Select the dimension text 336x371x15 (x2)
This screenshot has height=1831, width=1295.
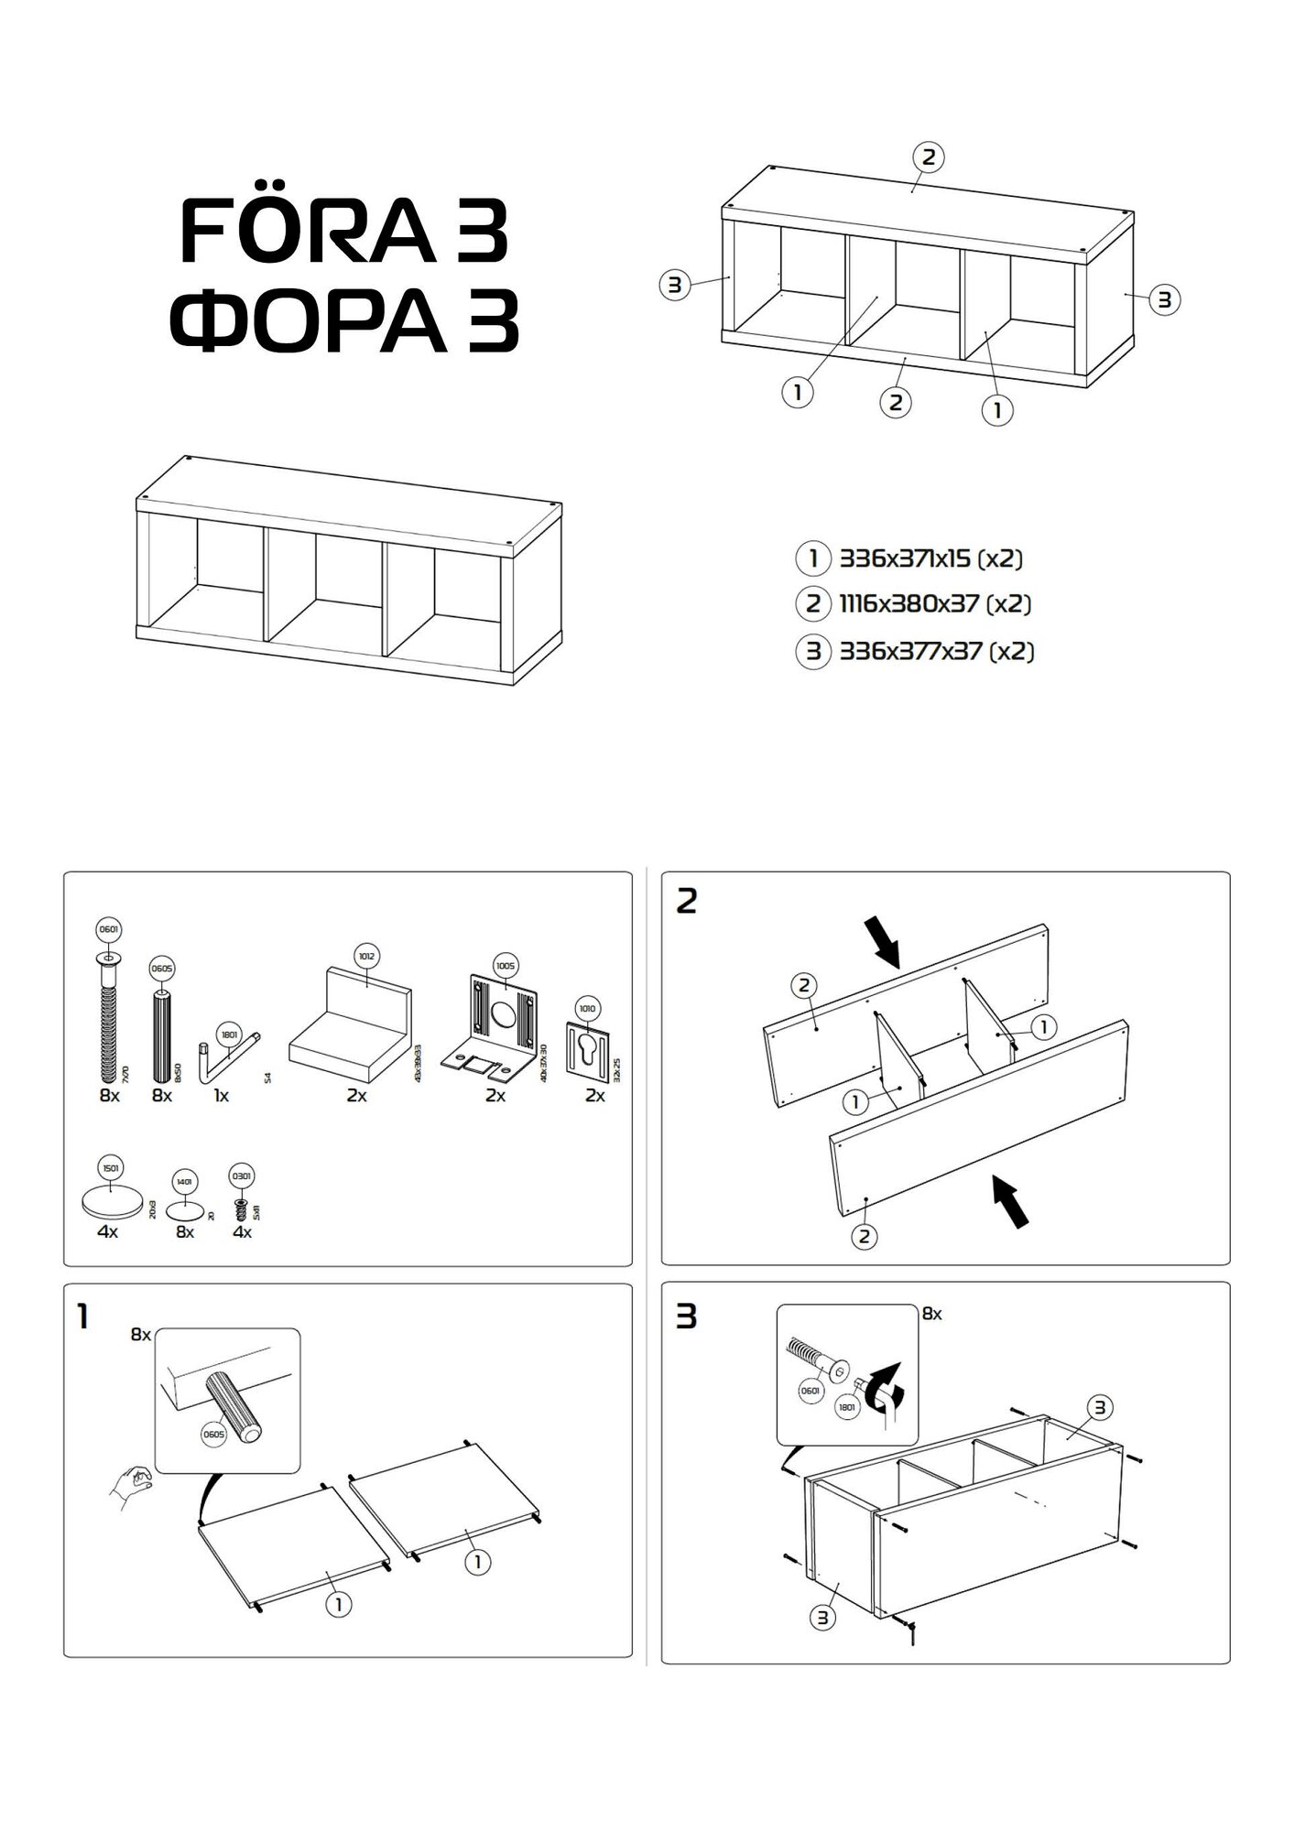[930, 558]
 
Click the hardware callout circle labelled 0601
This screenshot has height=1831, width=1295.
[108, 930]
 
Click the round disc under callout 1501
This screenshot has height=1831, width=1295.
[112, 1202]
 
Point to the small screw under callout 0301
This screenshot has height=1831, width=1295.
[242, 1208]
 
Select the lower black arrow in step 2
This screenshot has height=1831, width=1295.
[1013, 1201]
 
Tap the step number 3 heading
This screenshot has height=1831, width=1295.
[686, 1316]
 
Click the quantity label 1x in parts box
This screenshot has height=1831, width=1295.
[221, 1095]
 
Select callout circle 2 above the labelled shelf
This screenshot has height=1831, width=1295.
[928, 157]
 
